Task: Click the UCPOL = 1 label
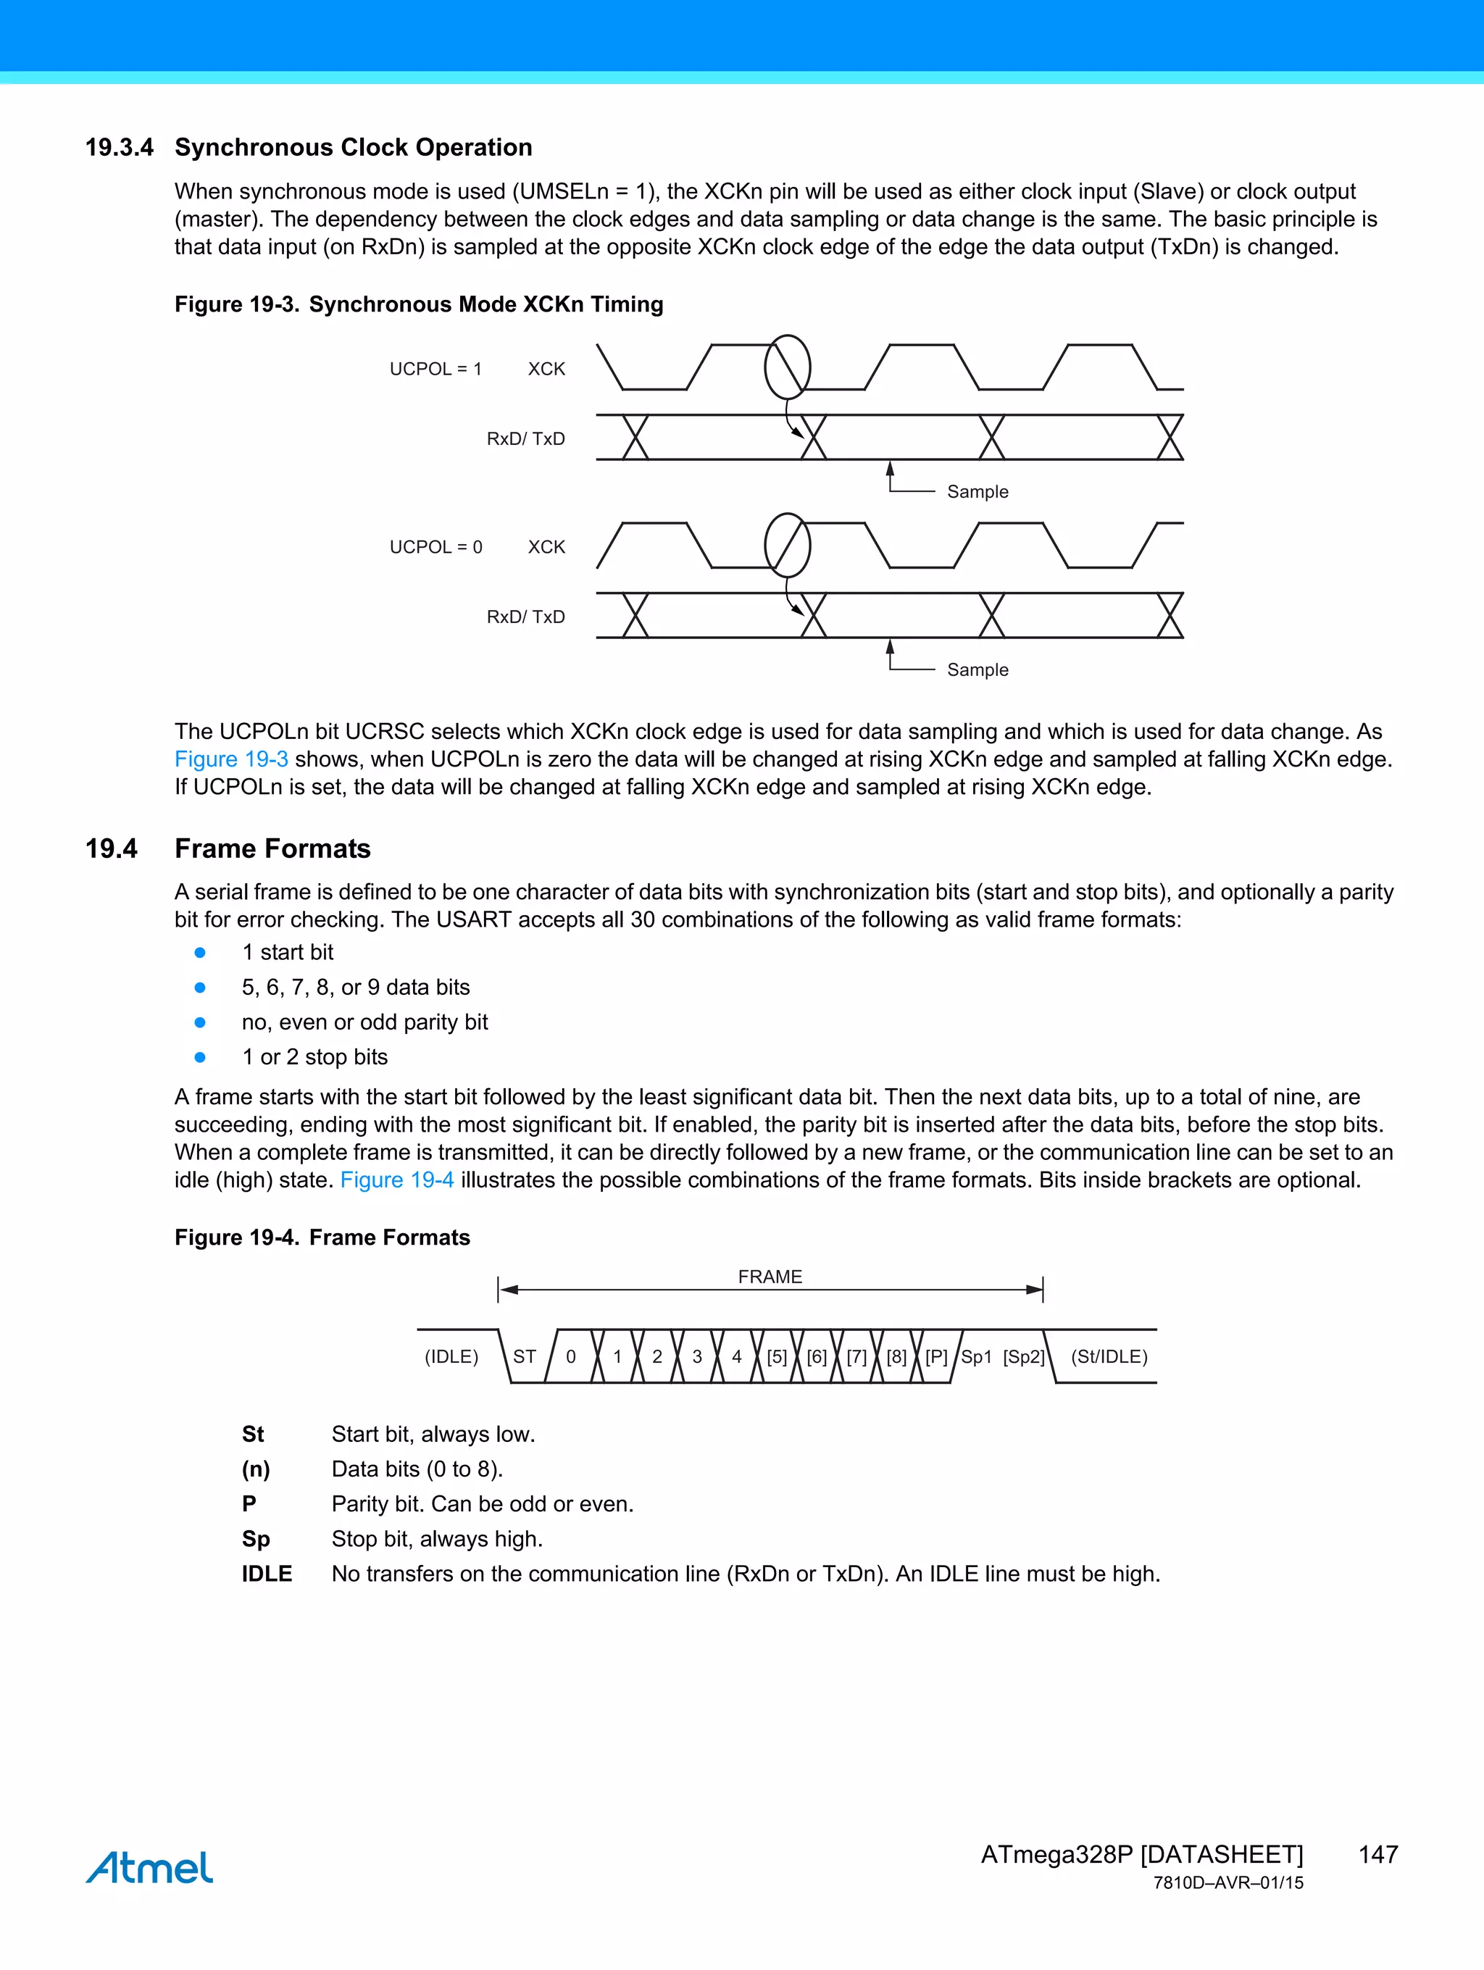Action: click(x=435, y=369)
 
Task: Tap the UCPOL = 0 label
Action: click(x=435, y=547)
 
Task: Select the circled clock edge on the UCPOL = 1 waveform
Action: click(x=788, y=367)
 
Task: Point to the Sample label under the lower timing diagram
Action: click(x=977, y=669)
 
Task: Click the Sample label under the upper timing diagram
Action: click(x=977, y=492)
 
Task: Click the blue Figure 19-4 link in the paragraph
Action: click(x=396, y=1180)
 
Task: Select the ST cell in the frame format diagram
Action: click(x=525, y=1356)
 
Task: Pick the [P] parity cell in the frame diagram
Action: click(x=936, y=1356)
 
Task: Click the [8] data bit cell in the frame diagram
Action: click(x=896, y=1356)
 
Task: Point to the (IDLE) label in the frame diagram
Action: click(x=451, y=1356)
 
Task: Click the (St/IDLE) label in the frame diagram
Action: click(x=1109, y=1356)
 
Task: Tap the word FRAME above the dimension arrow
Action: click(x=770, y=1276)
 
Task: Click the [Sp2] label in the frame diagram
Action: click(x=1023, y=1356)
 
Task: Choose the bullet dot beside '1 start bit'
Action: click(x=201, y=953)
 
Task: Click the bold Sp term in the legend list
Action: click(x=256, y=1539)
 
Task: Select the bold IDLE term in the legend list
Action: click(x=267, y=1574)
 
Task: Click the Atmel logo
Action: click(x=150, y=1866)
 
